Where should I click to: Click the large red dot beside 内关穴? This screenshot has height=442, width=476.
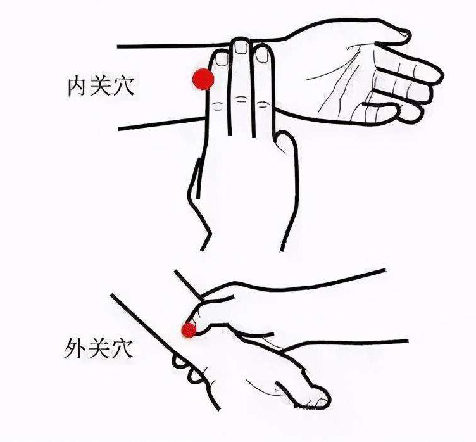point(203,79)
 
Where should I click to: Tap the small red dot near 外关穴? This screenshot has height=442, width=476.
point(189,331)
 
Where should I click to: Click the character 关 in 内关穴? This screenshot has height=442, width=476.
point(101,86)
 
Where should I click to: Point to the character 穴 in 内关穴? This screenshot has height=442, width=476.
point(123,86)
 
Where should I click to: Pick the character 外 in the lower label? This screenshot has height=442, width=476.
point(75,348)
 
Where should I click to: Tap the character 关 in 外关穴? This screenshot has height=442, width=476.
point(97,348)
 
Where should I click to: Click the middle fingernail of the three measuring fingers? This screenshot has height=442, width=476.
point(241,47)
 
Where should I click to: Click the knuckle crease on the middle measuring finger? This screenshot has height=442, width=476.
point(241,99)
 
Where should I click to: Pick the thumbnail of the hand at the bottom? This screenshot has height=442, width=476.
point(321,403)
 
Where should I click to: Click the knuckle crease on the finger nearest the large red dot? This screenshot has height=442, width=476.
point(217,106)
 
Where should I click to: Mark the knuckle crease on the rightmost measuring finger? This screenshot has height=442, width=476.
point(263,105)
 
